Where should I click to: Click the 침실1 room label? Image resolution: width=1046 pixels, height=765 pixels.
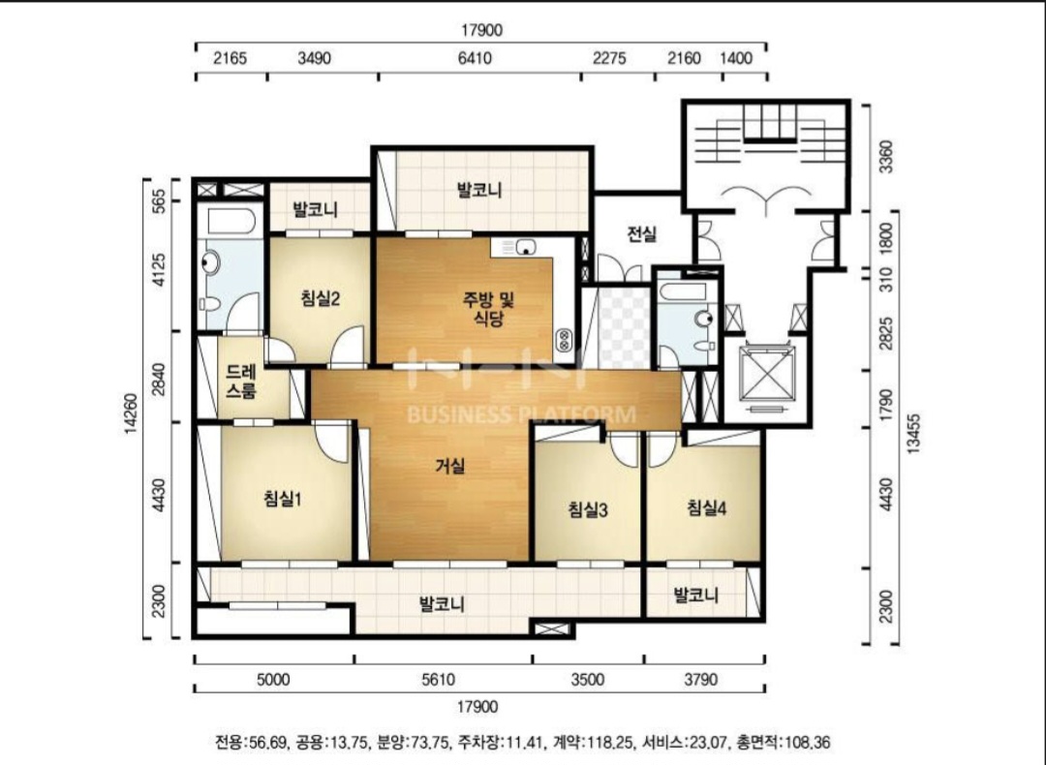pos(282,498)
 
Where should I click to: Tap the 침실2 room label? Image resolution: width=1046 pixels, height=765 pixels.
pos(321,298)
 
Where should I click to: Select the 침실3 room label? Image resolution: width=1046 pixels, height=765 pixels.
pos(587,510)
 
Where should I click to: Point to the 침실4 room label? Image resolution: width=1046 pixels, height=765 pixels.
pos(706,508)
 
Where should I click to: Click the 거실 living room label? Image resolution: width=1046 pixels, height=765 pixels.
pos(449,466)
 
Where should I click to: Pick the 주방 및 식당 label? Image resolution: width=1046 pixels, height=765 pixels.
pos(488,309)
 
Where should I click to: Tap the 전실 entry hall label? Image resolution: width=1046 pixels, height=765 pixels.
pos(642,234)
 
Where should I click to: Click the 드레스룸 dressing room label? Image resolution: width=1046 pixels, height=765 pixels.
pos(241,381)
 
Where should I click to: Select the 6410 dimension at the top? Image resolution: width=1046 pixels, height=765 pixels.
pos(475,58)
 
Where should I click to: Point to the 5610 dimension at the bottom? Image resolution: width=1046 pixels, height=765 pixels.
pos(439,680)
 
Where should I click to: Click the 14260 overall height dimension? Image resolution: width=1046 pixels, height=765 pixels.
pos(131,413)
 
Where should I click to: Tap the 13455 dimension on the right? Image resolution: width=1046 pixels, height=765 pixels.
pos(913,434)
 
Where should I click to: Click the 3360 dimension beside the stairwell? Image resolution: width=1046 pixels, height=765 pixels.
pos(885,156)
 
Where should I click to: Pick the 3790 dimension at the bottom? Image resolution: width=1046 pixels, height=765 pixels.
pos(700,680)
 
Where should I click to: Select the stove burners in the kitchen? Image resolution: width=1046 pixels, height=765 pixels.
pos(564,340)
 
